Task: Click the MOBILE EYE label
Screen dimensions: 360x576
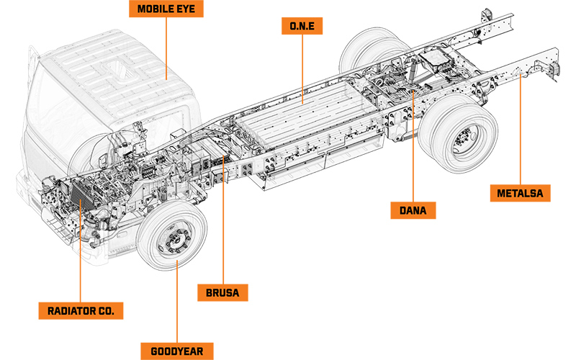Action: tap(164, 10)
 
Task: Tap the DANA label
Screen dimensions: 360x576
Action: tap(413, 211)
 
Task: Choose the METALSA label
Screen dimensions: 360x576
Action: tap(523, 193)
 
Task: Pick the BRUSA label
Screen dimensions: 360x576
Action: tap(222, 293)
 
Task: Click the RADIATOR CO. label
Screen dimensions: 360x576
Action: tap(81, 311)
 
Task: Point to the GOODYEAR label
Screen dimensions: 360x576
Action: tap(182, 351)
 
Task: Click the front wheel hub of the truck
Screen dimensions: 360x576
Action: tap(172, 241)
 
